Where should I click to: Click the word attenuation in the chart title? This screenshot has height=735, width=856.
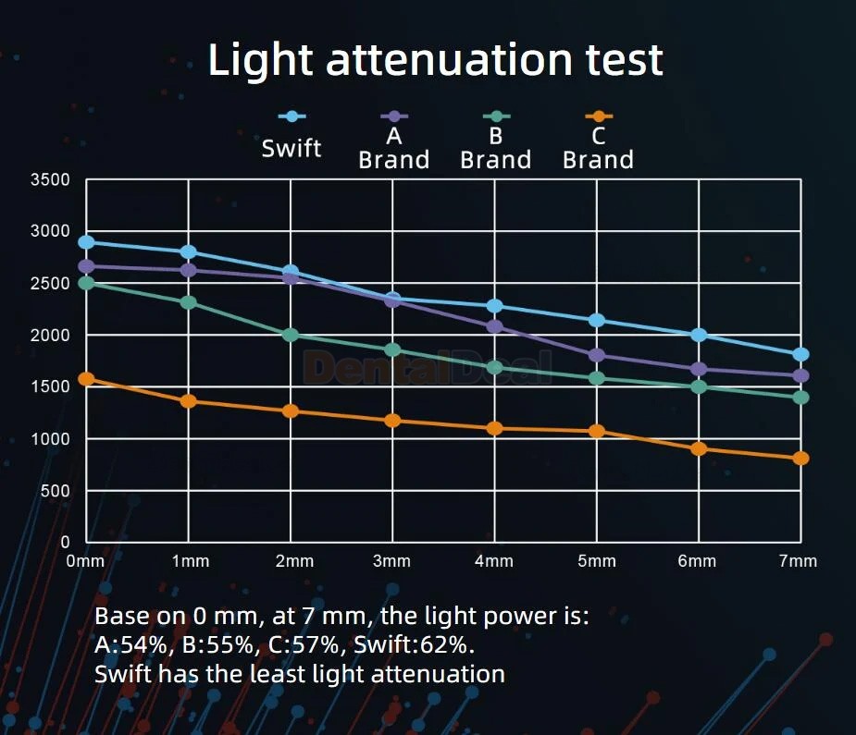pyautogui.click(x=448, y=59)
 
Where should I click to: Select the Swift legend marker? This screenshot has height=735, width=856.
pyautogui.click(x=292, y=116)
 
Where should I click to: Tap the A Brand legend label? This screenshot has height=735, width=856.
pyautogui.click(x=393, y=148)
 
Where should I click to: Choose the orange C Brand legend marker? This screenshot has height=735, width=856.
pyautogui.click(x=599, y=116)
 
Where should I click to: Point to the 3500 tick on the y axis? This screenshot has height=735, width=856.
pyautogui.click(x=50, y=179)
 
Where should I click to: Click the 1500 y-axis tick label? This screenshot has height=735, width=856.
pyautogui.click(x=50, y=386)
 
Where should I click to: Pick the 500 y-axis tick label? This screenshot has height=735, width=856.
pyautogui.click(x=56, y=491)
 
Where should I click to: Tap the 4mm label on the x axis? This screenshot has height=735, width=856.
pyautogui.click(x=494, y=560)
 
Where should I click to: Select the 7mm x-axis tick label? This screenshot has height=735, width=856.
pyautogui.click(x=798, y=560)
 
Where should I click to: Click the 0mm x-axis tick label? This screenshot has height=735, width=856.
pyautogui.click(x=85, y=560)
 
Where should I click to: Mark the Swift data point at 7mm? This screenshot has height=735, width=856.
pyautogui.click(x=800, y=354)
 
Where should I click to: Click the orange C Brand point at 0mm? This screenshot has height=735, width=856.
pyautogui.click(x=86, y=379)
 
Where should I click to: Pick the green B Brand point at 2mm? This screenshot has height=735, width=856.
pyautogui.click(x=291, y=335)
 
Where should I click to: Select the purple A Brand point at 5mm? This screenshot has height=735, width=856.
pyautogui.click(x=597, y=355)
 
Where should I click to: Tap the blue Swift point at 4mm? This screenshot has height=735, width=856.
pyautogui.click(x=494, y=306)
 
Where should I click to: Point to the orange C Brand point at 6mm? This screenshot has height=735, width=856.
pyautogui.click(x=699, y=448)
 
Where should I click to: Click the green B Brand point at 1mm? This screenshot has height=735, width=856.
pyautogui.click(x=189, y=302)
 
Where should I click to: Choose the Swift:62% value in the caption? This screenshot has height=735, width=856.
pyautogui.click(x=414, y=645)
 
